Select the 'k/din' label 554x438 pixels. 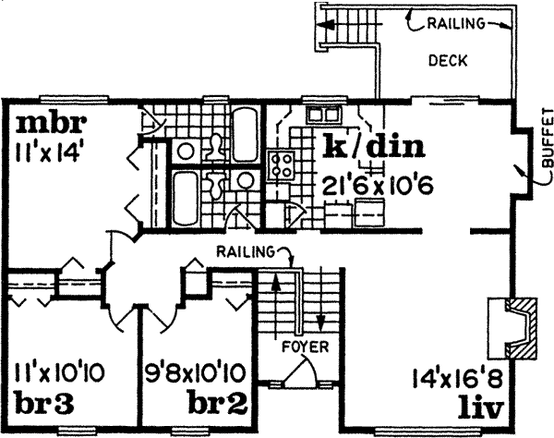click(373, 145)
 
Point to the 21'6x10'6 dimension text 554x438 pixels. click(372, 183)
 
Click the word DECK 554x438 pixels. click(448, 62)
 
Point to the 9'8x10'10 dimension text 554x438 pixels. click(196, 376)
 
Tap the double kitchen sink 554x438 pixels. click(324, 116)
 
